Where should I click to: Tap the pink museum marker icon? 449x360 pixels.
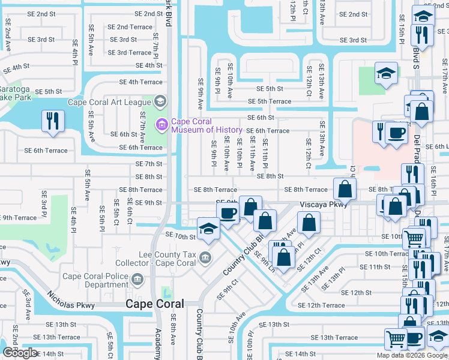click(x=161, y=125)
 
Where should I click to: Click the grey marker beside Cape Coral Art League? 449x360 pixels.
click(x=159, y=101)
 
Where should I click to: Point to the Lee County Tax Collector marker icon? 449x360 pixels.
click(x=205, y=258)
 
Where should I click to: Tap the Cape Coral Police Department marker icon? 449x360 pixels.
click(x=137, y=278)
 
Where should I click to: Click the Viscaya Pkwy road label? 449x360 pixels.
click(x=324, y=204)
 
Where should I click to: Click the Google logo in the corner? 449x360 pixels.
click(x=20, y=353)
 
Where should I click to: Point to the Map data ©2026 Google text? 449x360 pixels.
click(x=412, y=355)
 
